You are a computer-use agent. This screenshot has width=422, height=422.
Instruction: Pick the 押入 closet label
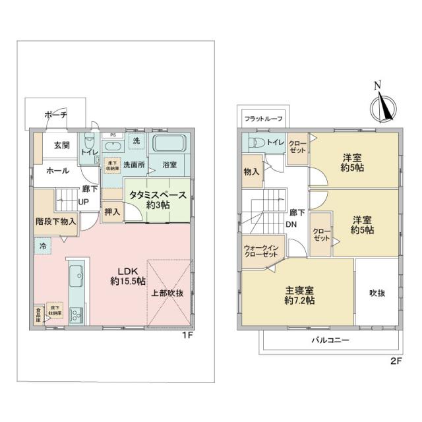[x=112, y=212]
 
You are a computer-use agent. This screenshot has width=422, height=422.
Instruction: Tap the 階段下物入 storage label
[x=55, y=222]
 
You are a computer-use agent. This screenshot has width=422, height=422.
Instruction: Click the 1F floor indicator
[x=187, y=336]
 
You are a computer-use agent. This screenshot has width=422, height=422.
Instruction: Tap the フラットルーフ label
[x=263, y=119]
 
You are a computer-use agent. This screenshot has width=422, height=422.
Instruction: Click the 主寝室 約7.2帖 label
[x=299, y=295]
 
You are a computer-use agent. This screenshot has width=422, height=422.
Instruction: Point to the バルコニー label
[x=330, y=340]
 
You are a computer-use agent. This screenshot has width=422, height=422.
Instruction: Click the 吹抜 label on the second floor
[x=377, y=293]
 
